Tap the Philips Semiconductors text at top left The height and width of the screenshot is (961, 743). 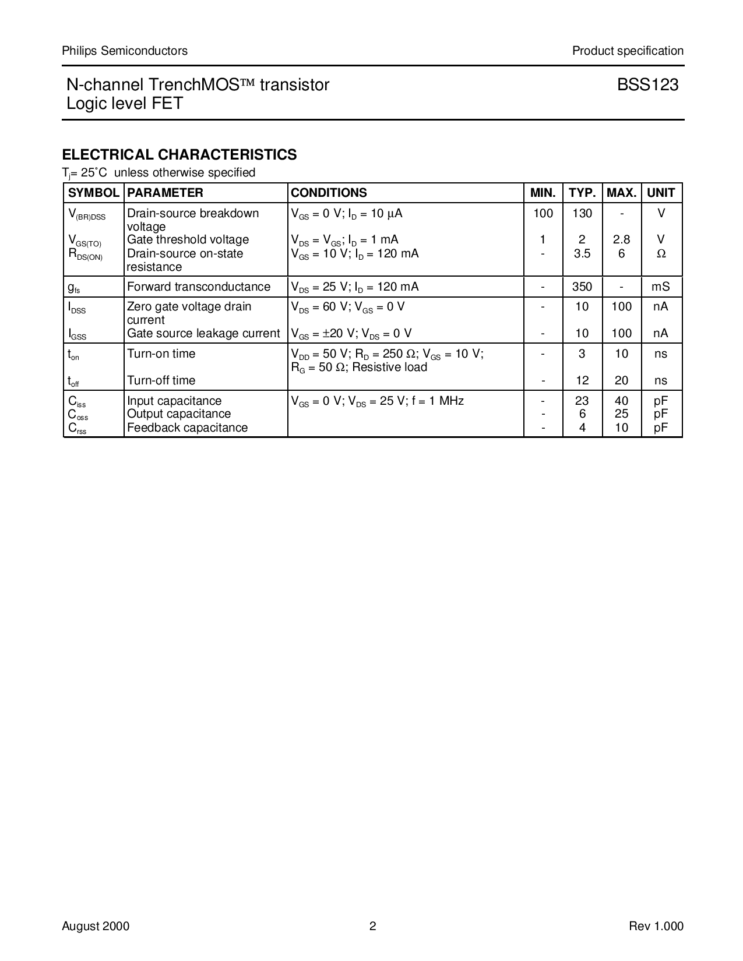125,51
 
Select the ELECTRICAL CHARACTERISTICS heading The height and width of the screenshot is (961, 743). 179,154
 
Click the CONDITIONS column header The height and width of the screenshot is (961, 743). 329,193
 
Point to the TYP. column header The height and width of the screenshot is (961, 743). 582,193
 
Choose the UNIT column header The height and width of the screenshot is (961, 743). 661,193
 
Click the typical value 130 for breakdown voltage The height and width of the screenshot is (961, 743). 582,213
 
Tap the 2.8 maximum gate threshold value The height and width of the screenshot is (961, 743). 621,239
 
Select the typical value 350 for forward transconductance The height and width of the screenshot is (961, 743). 582,287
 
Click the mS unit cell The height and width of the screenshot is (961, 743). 661,287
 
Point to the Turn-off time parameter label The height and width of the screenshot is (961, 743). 161,380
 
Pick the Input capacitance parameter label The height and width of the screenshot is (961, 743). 174,401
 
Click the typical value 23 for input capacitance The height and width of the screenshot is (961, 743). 582,401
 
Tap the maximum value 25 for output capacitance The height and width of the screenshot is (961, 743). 621,414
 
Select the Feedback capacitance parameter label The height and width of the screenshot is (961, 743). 187,427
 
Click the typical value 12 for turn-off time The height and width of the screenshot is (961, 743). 582,380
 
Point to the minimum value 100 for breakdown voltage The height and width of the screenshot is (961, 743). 543,213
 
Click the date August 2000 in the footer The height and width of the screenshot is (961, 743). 96,927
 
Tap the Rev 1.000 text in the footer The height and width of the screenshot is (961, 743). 656,927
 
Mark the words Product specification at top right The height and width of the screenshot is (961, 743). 628,51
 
